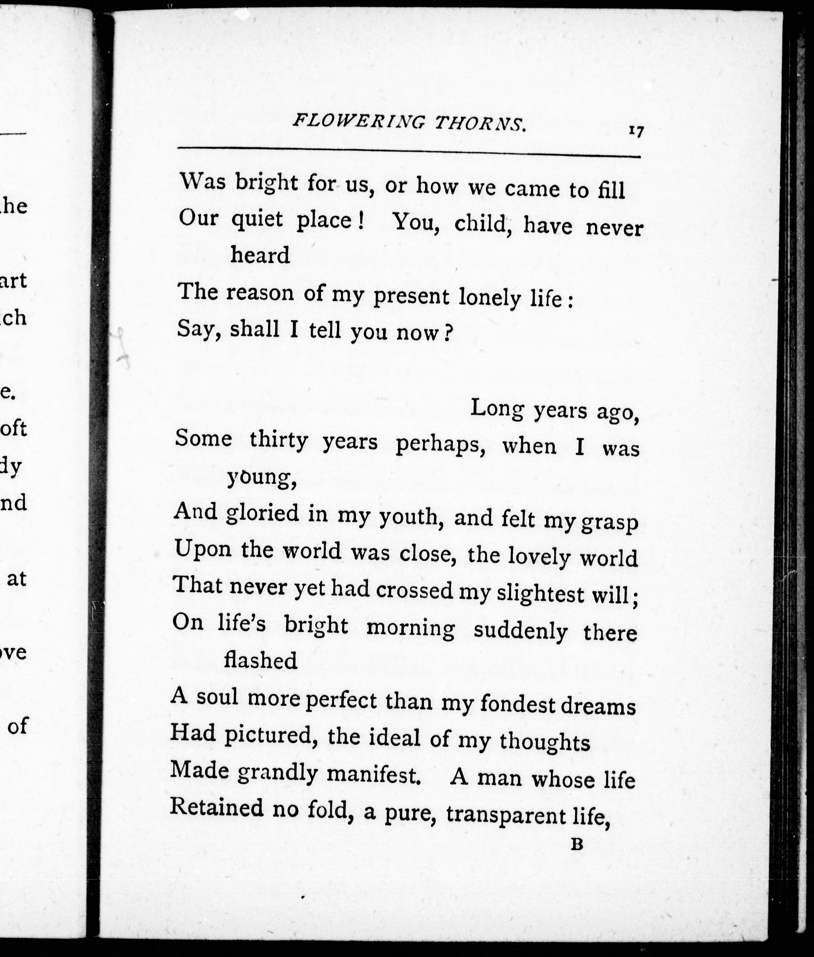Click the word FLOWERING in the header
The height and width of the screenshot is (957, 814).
point(358,122)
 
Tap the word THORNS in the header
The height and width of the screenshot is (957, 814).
point(480,124)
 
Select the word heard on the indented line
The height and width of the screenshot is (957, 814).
point(260,255)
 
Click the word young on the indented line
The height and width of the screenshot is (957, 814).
point(261,479)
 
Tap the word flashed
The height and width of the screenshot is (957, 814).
point(260,660)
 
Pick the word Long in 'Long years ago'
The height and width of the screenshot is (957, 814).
point(497,408)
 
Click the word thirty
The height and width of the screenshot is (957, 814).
point(279,440)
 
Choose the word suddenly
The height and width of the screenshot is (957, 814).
point(521,631)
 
